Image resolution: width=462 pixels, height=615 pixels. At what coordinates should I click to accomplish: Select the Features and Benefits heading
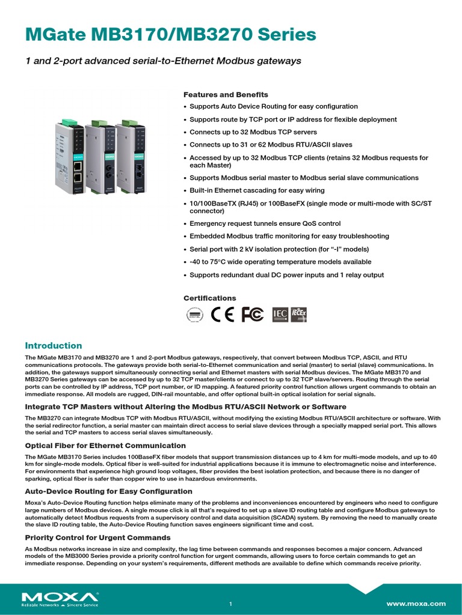tap(226, 95)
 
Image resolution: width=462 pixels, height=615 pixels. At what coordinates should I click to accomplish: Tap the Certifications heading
tap(209, 298)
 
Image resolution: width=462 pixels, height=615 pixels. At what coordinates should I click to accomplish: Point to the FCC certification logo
tap(252, 315)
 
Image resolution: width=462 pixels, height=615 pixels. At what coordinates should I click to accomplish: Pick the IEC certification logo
tap(280, 315)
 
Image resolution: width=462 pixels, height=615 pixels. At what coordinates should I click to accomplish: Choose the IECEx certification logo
tap(298, 315)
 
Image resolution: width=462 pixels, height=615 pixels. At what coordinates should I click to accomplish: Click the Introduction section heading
tap(53, 345)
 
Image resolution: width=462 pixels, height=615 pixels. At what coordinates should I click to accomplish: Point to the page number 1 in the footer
tap(230, 604)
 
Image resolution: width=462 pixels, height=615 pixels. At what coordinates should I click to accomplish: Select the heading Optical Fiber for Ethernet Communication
tap(105, 446)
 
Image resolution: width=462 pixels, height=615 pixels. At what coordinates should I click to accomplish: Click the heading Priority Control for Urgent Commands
tap(97, 537)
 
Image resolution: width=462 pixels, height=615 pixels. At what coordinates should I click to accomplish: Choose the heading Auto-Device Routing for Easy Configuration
tap(108, 491)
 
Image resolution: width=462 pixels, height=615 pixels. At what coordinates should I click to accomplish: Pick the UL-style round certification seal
tap(194, 315)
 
